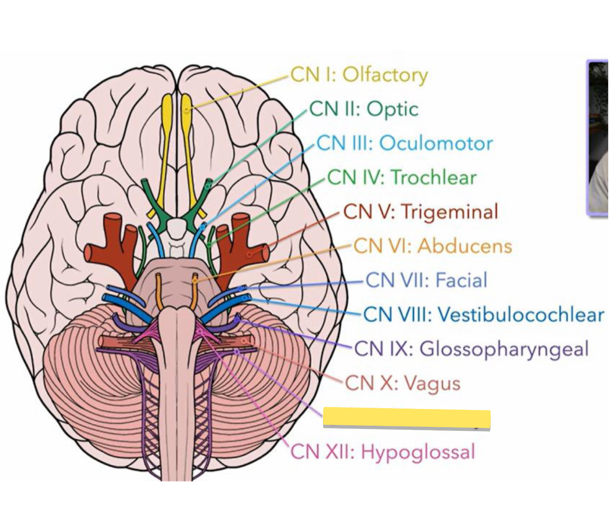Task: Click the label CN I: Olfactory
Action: coord(359,75)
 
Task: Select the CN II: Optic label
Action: coord(364,109)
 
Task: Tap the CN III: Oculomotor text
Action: coord(404,143)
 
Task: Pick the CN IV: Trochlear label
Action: coord(402,177)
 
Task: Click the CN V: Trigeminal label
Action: coord(420,212)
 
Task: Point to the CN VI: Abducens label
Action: coord(433,246)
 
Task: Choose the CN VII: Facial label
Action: coord(426,280)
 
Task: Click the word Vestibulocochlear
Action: coord(521,315)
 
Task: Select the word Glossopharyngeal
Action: coord(504,349)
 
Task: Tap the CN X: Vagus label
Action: coord(402,383)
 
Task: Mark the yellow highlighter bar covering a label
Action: coord(407,418)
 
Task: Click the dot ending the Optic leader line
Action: coord(209,183)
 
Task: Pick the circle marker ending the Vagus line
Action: coord(244,340)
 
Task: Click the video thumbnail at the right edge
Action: coord(597,138)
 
